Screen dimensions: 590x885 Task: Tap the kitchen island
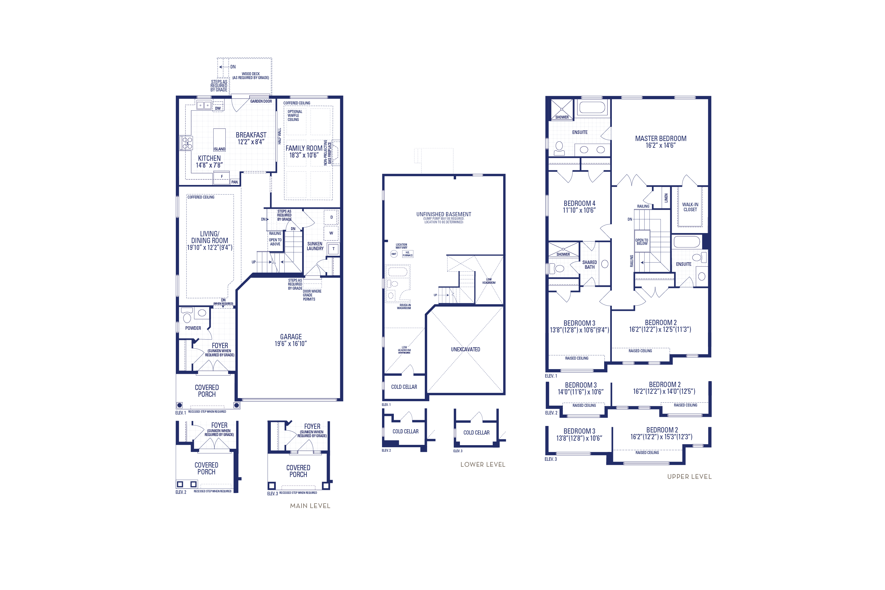(219, 139)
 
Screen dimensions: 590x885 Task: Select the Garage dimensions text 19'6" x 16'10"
(291, 344)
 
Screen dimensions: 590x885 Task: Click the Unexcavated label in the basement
(466, 349)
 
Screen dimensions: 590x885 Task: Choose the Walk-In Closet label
(690, 207)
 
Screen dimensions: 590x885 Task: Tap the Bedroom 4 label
(579, 203)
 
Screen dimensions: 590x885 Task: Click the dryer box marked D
(331, 217)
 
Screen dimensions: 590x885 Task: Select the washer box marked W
(331, 233)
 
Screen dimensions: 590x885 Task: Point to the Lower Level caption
(483, 464)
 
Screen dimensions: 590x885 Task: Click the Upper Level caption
(689, 476)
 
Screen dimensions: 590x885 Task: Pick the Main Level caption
(310, 506)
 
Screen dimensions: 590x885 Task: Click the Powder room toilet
(187, 316)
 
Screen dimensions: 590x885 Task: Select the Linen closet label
(666, 198)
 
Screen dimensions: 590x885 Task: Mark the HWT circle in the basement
(394, 254)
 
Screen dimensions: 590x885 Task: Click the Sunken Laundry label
(315, 246)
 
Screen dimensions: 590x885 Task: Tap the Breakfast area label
(251, 135)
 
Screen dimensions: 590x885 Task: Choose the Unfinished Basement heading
(444, 214)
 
